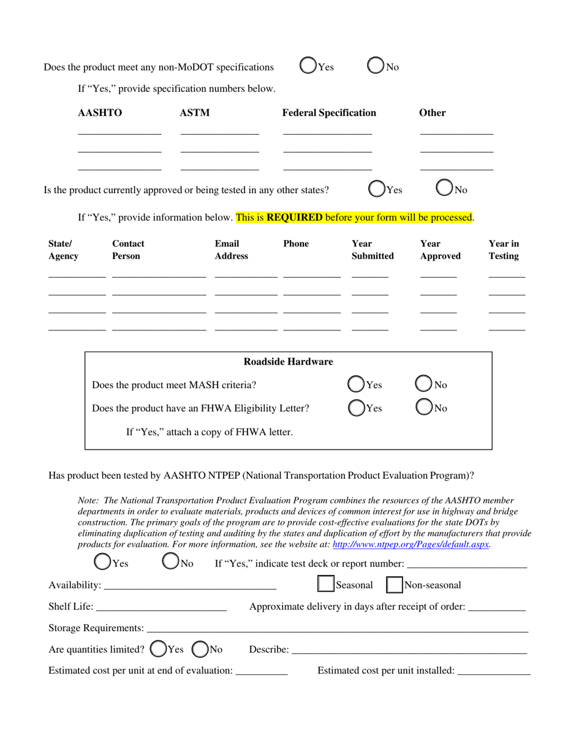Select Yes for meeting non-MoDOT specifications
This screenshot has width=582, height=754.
(308, 66)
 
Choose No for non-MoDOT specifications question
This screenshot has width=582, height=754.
(376, 66)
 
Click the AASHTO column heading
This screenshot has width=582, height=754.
(100, 113)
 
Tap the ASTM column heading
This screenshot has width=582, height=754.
(195, 113)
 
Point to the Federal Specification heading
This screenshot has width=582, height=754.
(329, 113)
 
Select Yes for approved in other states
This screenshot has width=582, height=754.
(377, 189)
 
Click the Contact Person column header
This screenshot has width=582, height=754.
(128, 249)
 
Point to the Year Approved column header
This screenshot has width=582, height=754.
(440, 249)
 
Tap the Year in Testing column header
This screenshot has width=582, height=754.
(504, 249)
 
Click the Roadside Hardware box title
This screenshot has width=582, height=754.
(288, 362)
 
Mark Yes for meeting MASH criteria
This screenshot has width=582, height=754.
(356, 384)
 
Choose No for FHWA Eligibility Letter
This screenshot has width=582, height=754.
(424, 407)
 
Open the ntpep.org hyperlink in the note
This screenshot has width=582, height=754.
(410, 544)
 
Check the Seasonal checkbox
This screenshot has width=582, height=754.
(325, 584)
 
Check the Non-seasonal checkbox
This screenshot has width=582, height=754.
(394, 585)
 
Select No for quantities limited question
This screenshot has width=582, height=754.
(200, 649)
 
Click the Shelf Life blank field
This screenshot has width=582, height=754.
(161, 607)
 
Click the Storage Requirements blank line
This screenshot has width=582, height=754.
(337, 628)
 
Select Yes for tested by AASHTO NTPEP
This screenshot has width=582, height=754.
(102, 562)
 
